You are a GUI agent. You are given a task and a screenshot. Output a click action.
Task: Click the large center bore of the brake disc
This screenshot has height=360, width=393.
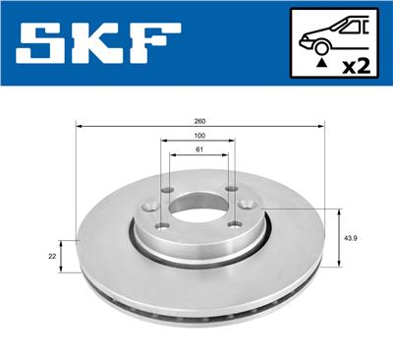[x=198, y=209]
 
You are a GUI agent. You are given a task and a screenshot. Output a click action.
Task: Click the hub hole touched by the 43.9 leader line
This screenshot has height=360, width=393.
[x=262, y=208]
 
